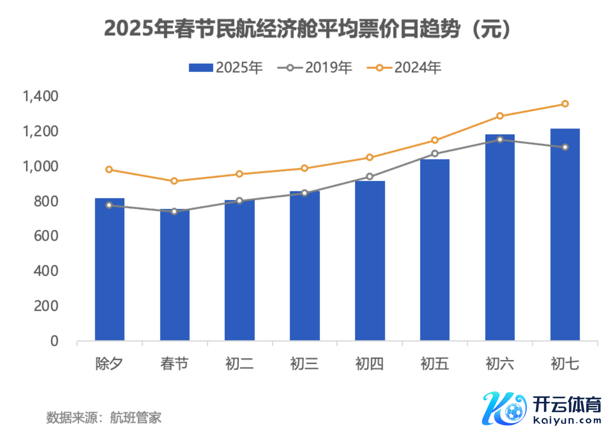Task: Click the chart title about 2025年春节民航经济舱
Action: (307, 29)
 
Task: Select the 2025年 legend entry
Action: (226, 68)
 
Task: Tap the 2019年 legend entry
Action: (315, 68)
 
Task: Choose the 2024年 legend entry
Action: (404, 68)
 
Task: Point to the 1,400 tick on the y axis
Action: (40, 96)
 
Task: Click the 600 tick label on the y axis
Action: (46, 236)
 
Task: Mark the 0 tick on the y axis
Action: (54, 341)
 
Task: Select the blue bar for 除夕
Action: (109, 270)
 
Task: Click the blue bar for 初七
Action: (565, 234)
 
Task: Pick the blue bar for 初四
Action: (369, 261)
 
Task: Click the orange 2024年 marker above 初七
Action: (565, 104)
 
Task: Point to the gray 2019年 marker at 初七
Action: (565, 147)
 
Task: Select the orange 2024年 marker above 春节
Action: (174, 181)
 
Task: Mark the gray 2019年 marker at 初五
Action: (435, 153)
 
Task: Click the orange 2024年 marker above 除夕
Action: (109, 169)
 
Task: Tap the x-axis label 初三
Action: (304, 364)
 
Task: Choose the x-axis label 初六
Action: (500, 364)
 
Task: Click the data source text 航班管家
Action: (135, 417)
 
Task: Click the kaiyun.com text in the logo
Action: (567, 420)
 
